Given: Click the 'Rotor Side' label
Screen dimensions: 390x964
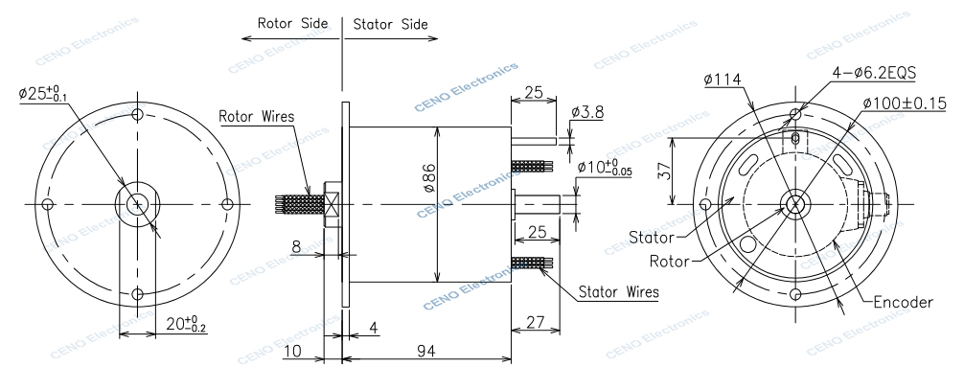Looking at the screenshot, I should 292,23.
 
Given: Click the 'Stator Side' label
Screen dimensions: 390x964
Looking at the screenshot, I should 390,23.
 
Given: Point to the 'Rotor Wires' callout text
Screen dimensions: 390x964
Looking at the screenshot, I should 256,117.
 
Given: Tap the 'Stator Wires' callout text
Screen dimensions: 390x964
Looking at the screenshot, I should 619,291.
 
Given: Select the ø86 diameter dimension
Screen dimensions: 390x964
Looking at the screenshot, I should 429,176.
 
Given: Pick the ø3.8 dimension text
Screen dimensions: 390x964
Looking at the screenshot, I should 586,112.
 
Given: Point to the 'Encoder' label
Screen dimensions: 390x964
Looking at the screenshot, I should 903,302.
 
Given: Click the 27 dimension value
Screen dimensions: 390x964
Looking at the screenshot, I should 535,323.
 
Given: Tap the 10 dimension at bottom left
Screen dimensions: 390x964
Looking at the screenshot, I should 293,352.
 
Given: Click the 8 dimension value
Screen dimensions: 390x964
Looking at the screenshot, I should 296,247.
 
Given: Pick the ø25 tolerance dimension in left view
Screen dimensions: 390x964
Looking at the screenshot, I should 43,94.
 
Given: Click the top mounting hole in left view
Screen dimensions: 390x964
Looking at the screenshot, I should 139,114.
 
